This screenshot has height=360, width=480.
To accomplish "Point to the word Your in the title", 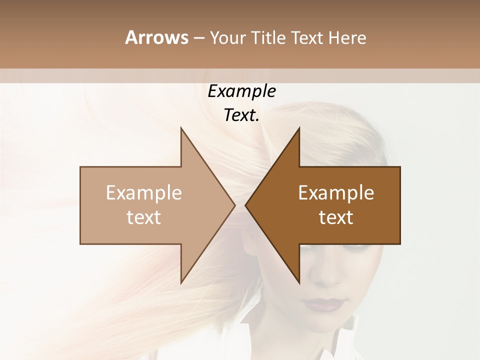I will tap(226, 38).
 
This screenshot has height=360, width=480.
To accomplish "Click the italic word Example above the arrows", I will tap(241, 91).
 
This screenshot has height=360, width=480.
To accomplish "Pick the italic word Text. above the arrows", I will tap(241, 115).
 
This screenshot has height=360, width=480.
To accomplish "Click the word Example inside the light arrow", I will tap(144, 193).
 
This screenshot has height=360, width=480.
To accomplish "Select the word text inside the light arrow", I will tap(144, 217).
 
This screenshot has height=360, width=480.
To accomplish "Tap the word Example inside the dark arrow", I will tap(336, 193).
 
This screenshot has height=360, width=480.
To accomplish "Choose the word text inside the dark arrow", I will tap(336, 217).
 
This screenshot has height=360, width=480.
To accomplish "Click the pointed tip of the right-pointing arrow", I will tap(234, 205).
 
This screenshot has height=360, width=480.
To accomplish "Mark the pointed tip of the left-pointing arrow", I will tap(245, 205).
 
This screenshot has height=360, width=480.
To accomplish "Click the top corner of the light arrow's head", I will tap(181, 128).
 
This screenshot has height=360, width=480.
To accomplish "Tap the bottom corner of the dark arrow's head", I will tap(299, 283).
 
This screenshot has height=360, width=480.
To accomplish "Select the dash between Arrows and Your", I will tap(198, 38).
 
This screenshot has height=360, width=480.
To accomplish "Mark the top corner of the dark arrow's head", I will tap(299, 128).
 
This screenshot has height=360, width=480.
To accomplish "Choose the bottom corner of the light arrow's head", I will tap(181, 283).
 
